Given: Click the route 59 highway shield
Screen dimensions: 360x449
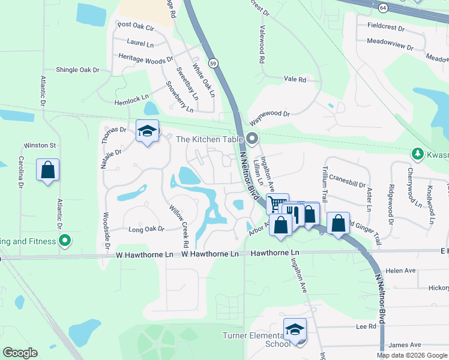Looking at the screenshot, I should click(x=213, y=62).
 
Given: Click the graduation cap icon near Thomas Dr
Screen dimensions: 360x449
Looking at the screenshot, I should click(x=147, y=131).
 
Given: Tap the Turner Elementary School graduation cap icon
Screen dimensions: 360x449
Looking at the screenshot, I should click(x=295, y=329).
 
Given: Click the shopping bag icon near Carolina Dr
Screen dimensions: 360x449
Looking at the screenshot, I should click(x=48, y=170).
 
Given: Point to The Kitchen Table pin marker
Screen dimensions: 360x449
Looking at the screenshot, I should click(x=253, y=139).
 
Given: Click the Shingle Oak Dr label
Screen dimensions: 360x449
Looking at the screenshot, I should click(x=77, y=70).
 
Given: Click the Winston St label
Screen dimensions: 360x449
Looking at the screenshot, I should click(x=40, y=145).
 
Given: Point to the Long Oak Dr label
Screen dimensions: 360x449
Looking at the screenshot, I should click(x=146, y=229).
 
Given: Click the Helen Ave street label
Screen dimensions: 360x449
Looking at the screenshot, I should click(x=401, y=271).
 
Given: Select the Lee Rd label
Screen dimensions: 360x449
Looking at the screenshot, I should click(x=366, y=326).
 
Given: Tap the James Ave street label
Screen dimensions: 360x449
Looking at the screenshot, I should click(x=406, y=345).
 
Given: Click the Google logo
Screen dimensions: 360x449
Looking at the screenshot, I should click(x=20, y=353).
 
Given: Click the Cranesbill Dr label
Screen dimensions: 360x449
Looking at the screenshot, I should click(x=348, y=178).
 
